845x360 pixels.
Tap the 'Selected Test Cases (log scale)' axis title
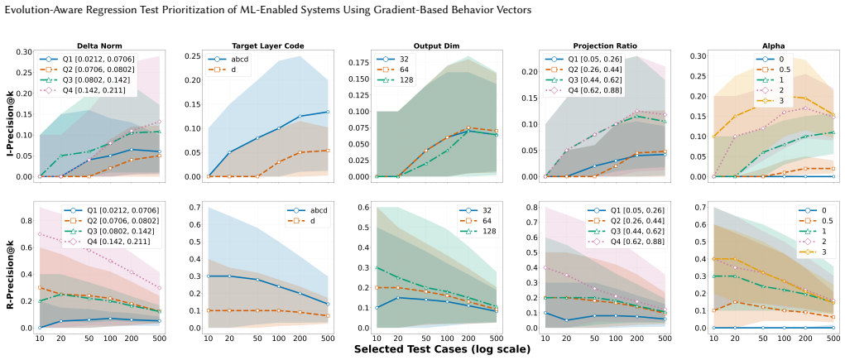pos(442,350)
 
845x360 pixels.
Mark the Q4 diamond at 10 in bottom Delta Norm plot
pos(40,234)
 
